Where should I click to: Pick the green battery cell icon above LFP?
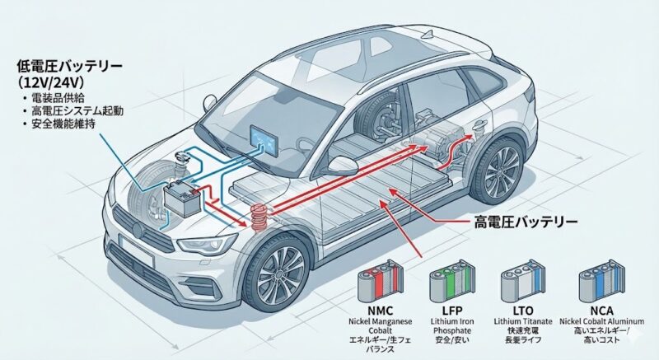(x=446, y=281)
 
